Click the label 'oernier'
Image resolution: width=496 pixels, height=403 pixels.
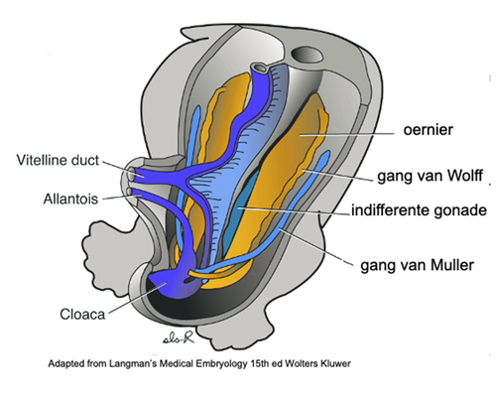[x=428, y=130]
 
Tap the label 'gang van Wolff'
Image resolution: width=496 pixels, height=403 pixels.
[x=431, y=176]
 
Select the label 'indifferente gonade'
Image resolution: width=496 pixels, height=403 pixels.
[x=419, y=210]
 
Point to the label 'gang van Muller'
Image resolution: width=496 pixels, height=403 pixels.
[x=418, y=265]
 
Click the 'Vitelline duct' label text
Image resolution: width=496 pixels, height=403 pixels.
[x=58, y=160]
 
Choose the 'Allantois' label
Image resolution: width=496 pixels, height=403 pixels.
[x=70, y=199]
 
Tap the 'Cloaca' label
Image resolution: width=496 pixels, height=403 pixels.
[x=82, y=314]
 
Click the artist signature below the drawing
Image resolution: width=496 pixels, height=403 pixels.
[x=178, y=337]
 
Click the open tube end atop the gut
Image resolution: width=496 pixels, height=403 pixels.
[x=259, y=68]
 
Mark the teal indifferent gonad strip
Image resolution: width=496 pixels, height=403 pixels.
[x=243, y=205]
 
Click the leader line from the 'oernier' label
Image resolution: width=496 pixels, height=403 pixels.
[x=347, y=134]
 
